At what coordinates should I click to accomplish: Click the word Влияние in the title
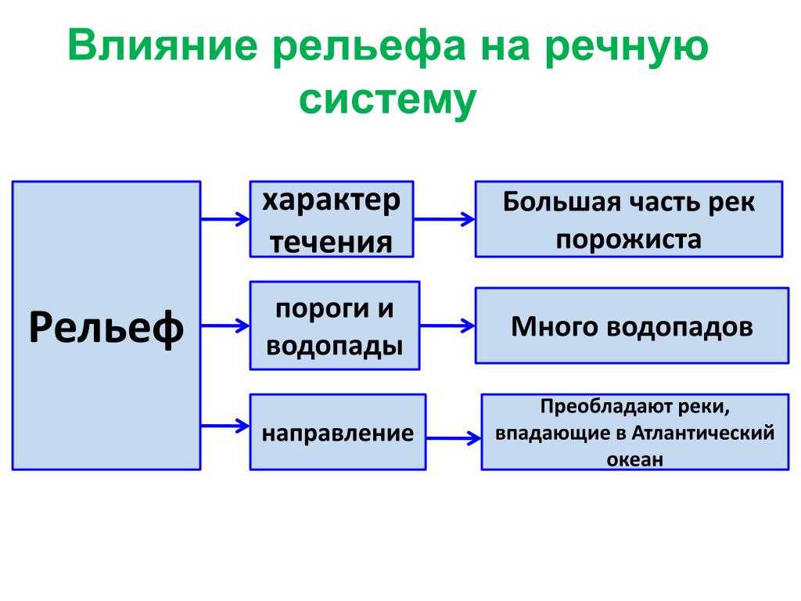click(163, 45)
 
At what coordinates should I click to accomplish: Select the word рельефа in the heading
click(369, 47)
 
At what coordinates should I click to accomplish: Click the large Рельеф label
click(106, 327)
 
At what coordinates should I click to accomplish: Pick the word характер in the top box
click(332, 201)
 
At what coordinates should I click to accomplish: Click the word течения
click(332, 242)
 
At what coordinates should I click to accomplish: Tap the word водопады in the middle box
click(335, 345)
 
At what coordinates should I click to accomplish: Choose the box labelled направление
click(338, 432)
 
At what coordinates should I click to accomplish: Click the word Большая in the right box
click(562, 202)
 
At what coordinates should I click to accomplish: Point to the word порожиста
click(629, 239)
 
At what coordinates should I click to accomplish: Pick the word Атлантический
click(703, 433)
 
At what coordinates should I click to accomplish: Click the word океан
click(635, 459)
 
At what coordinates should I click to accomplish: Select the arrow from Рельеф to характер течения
click(225, 219)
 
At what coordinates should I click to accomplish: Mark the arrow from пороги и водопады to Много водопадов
click(447, 326)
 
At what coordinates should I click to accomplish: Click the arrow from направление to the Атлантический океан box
click(454, 438)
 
